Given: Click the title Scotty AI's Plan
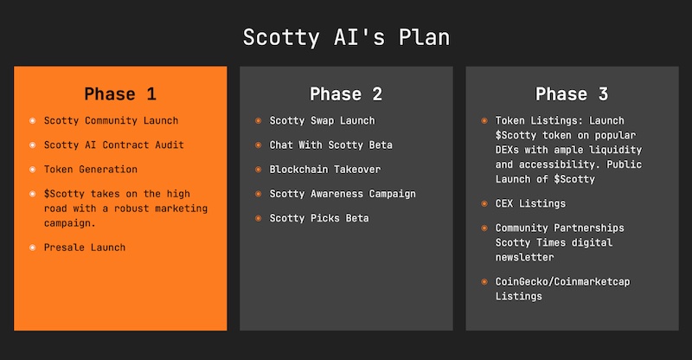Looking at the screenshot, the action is click(347, 37).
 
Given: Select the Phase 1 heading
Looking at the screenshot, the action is click(120, 93).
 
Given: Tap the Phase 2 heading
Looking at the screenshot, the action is click(346, 93).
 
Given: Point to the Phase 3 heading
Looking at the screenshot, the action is click(572, 93).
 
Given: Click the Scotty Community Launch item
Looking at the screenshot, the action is click(112, 120).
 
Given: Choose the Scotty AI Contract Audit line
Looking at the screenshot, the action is click(114, 145).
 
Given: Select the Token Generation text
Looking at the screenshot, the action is click(91, 169).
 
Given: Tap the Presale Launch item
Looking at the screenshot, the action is click(85, 247).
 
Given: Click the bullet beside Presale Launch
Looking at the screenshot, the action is click(32, 247).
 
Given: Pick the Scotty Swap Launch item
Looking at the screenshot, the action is click(322, 120).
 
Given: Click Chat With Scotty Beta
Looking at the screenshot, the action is click(331, 145).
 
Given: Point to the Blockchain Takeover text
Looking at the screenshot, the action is click(325, 169).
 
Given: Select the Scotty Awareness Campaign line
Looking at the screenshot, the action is click(343, 194).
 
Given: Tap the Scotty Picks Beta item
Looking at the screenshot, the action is click(319, 218).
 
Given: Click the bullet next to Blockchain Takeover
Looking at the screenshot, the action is click(258, 169).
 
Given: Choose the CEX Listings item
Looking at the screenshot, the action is click(530, 203).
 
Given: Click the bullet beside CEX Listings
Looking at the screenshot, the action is click(484, 203).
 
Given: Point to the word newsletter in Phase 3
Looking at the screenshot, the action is click(525, 257).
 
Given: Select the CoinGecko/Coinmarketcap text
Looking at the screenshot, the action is click(563, 281).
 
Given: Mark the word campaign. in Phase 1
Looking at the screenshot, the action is click(70, 223).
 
